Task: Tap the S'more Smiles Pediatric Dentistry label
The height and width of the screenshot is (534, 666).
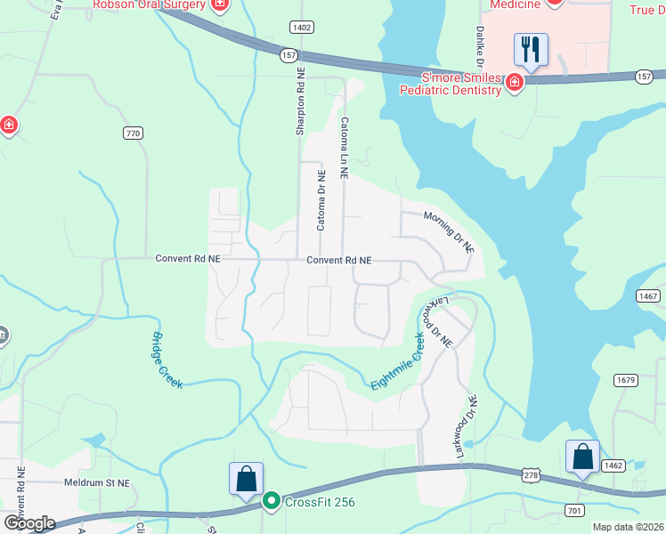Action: [450, 83]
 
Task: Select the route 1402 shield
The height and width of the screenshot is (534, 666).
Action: [301, 28]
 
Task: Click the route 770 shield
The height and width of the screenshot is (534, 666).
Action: [133, 133]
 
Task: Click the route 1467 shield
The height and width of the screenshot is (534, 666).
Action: [647, 295]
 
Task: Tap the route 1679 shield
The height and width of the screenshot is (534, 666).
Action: [626, 380]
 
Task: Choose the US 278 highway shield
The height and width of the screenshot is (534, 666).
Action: [532, 477]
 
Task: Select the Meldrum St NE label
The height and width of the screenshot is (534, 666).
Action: [97, 482]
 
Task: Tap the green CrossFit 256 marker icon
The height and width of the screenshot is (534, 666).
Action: [272, 502]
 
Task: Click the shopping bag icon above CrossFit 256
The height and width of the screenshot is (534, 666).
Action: [246, 479]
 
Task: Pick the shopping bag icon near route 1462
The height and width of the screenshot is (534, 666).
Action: [582, 457]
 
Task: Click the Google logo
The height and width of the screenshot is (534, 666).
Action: [28, 523]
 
